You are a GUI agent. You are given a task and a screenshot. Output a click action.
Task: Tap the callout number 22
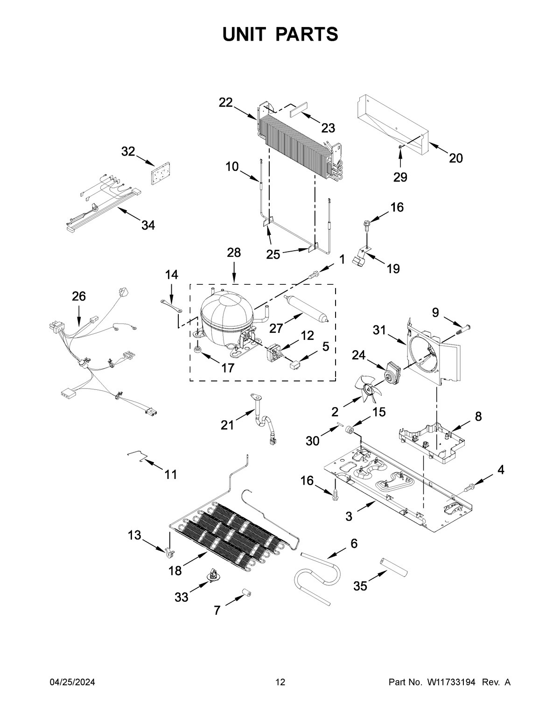[226, 103]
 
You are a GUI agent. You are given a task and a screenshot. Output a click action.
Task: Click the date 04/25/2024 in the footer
[72, 683]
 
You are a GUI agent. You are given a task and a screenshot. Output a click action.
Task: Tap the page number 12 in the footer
[280, 683]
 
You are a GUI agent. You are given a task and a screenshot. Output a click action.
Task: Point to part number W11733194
[450, 683]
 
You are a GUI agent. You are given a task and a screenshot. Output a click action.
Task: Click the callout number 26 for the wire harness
[79, 296]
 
